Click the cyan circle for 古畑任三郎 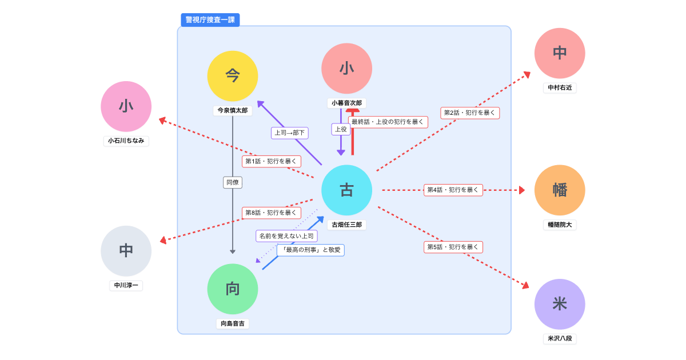point(346,190)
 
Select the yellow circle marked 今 point(233,76)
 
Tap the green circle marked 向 point(233,289)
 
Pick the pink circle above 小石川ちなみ point(126,106)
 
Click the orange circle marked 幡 point(560,190)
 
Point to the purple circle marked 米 point(560,304)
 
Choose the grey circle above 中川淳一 point(126,251)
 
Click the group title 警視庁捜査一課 point(210,20)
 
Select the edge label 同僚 point(233,182)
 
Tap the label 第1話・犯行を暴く point(272,162)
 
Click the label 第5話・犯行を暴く point(453,247)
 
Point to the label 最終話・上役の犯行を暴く point(388,122)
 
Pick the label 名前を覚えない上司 point(286,236)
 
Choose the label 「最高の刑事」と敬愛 point(311,250)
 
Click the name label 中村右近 point(560,88)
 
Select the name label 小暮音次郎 point(346,103)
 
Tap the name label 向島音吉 point(233,323)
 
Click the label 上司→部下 point(290,133)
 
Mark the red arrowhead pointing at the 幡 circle point(522,190)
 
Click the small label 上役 point(341,130)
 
